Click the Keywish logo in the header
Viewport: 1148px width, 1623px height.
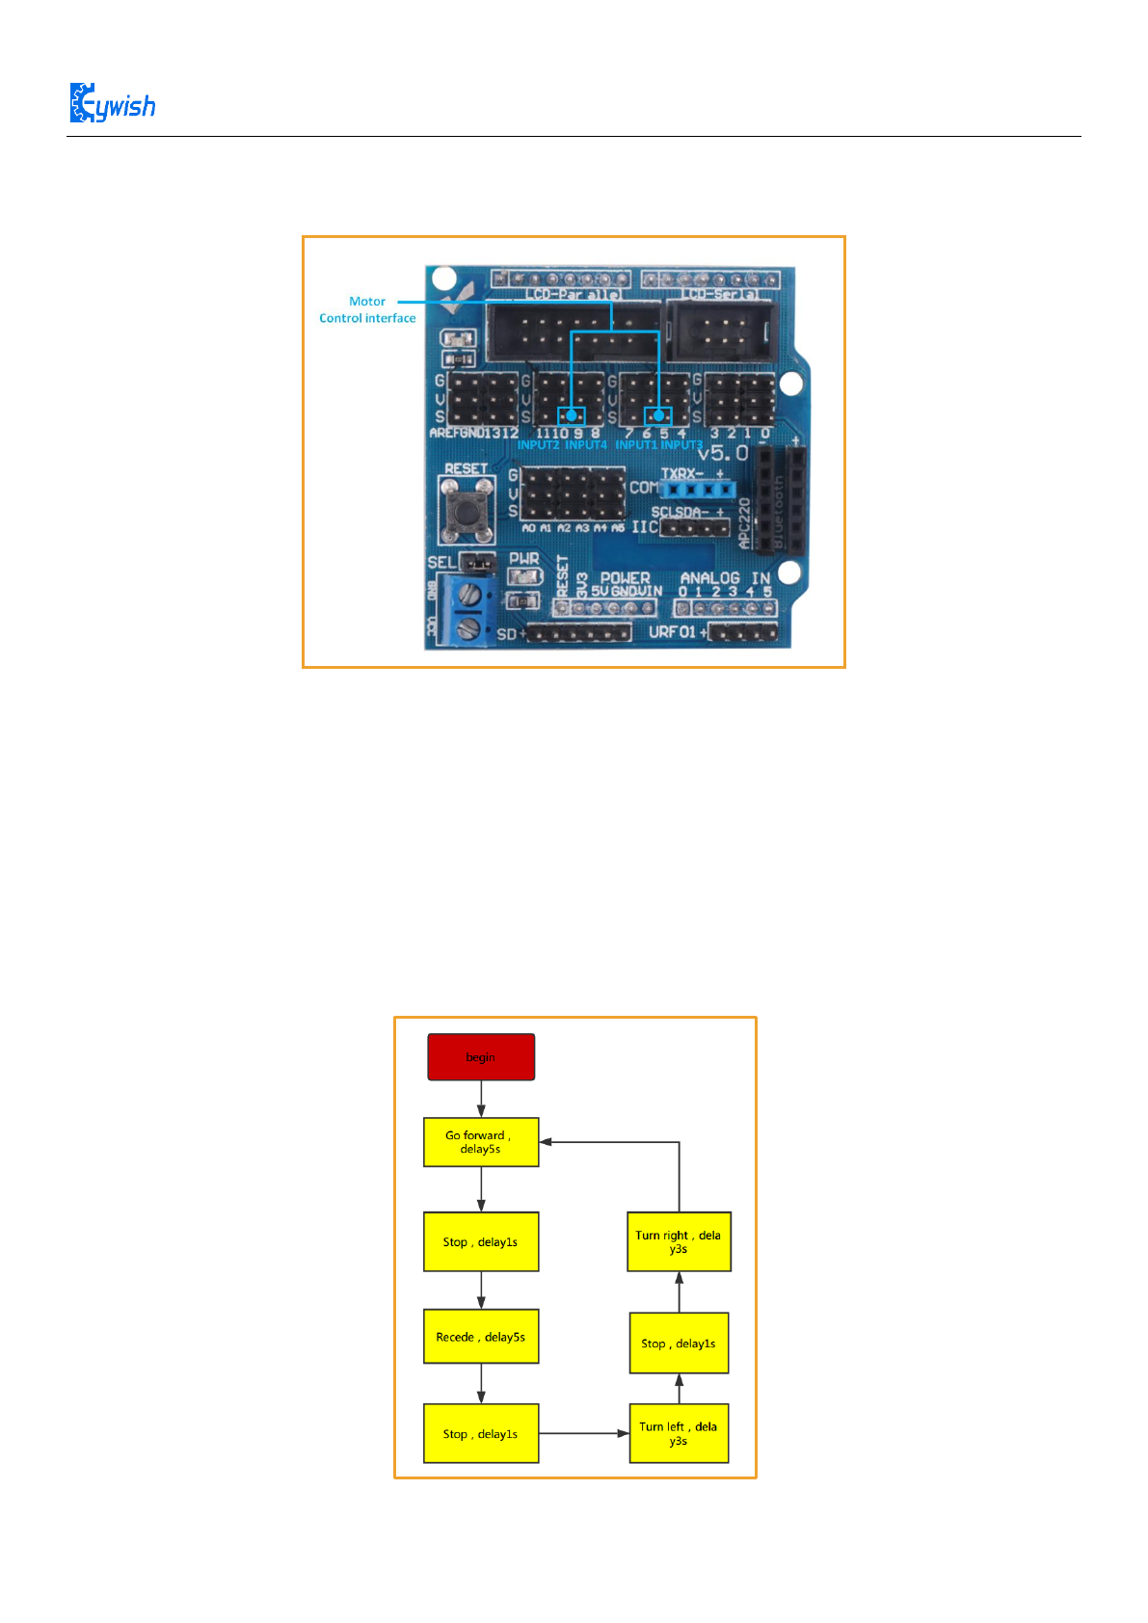pos(112,103)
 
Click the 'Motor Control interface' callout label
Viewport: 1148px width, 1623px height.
pos(367,309)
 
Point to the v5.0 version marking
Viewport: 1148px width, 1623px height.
pos(722,453)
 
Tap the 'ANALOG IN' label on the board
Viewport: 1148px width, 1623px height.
pos(725,578)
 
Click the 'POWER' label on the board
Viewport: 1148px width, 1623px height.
pos(625,578)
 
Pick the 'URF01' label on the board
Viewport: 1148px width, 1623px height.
pos(672,632)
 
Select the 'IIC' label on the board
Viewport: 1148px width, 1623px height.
pos(644,526)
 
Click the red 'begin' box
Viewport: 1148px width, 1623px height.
pos(481,1057)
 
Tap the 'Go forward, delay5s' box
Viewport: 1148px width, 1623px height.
pos(481,1142)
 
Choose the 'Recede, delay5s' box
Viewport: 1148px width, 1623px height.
pos(481,1337)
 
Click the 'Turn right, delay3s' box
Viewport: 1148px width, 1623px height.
pos(679,1241)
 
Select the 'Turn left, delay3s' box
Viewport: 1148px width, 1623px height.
pos(679,1433)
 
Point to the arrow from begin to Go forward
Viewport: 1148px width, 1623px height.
pos(481,1099)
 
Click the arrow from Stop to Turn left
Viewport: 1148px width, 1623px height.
pos(583,1433)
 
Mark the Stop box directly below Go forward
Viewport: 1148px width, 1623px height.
pos(481,1241)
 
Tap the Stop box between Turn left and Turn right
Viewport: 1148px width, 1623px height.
pos(679,1343)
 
